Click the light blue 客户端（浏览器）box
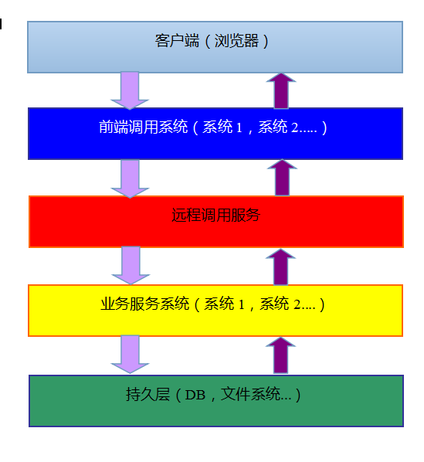[x=215, y=47]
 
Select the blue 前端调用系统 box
[x=215, y=134]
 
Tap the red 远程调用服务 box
[x=215, y=222]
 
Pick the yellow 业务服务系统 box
[x=215, y=311]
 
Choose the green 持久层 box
[x=215, y=401]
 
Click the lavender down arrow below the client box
[x=130, y=90]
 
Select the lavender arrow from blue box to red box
[x=130, y=178]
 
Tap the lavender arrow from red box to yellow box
[x=131, y=265]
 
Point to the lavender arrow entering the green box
[x=130, y=355]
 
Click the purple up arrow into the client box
[x=281, y=90]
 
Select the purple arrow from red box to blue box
[x=282, y=178]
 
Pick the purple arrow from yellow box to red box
[x=280, y=267]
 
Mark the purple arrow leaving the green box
[x=280, y=355]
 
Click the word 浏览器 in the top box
[x=236, y=41]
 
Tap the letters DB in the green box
[x=195, y=395]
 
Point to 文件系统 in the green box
[x=250, y=394]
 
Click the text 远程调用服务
[x=215, y=215]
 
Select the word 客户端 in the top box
[x=178, y=41]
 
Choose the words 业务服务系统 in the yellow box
[x=145, y=304]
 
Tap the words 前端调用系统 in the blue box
[x=144, y=127]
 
